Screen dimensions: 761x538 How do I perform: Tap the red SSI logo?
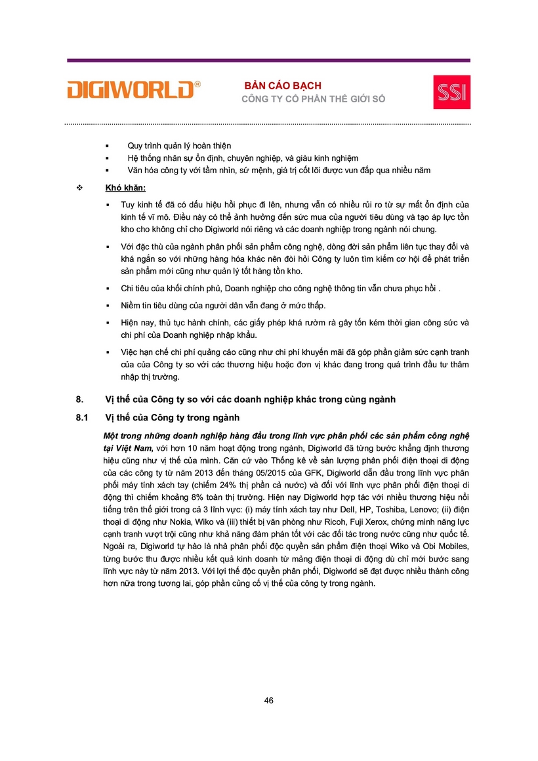point(451,93)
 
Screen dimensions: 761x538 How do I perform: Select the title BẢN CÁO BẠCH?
point(283,86)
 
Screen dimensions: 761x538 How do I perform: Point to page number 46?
point(269,701)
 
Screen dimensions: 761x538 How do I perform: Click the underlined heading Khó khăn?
point(125,188)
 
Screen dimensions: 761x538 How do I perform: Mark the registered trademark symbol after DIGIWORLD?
point(198,85)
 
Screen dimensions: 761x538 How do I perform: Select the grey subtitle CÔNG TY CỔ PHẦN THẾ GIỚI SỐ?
point(314,99)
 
